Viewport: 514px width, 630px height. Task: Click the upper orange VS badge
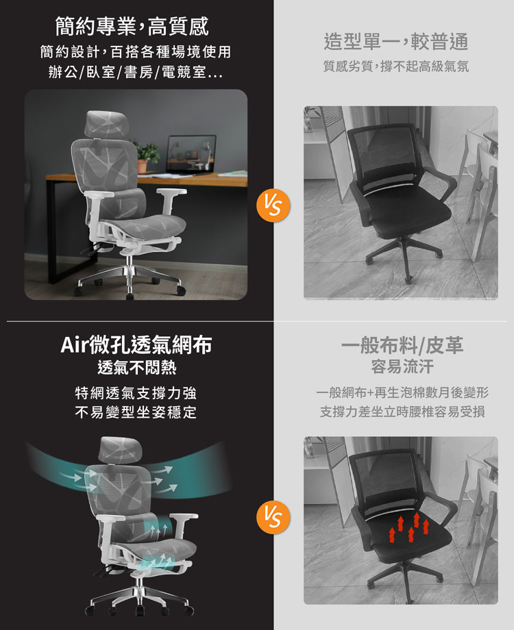[273, 205]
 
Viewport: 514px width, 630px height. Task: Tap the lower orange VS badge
[273, 517]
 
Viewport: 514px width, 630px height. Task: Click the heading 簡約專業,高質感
[132, 27]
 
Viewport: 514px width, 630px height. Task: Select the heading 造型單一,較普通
[396, 42]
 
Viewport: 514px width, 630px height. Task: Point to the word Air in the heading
[75, 344]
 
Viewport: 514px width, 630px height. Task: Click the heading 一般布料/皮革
[402, 345]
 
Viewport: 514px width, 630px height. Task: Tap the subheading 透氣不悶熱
[137, 368]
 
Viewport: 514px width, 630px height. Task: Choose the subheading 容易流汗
[402, 367]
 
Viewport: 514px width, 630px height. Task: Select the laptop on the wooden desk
[191, 155]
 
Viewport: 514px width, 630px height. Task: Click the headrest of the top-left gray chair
[107, 123]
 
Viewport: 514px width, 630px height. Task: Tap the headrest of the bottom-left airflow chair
[120, 449]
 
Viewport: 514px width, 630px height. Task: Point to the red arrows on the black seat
[409, 527]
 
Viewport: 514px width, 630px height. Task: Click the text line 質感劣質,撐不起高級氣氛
[396, 66]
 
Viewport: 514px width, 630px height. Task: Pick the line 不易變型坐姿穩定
[136, 412]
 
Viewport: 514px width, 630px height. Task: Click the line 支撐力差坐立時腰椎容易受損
[402, 412]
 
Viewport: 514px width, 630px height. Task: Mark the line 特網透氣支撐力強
[136, 393]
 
